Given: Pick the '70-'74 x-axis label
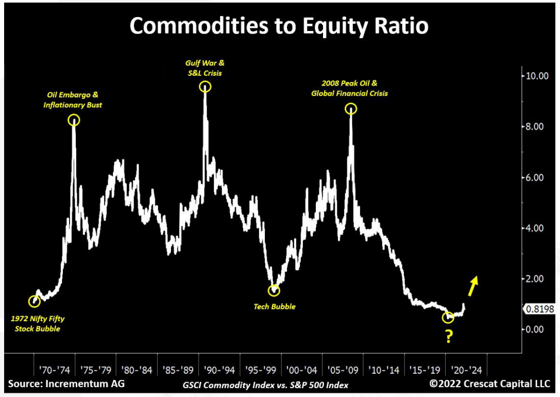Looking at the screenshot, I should (55, 370).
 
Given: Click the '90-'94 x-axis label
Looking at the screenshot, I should (219, 370).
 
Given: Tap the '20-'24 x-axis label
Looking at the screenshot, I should (466, 370).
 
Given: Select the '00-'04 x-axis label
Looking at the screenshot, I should (302, 370).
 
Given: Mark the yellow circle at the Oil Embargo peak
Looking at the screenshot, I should (74, 121).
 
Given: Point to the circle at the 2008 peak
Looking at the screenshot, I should (351, 109).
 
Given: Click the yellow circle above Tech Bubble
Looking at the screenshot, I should (274, 290).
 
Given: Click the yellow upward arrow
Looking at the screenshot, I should (473, 283).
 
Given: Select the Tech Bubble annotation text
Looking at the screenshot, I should (275, 307).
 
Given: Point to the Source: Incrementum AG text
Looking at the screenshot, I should (66, 384).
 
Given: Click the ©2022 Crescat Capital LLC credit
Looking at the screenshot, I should (489, 384).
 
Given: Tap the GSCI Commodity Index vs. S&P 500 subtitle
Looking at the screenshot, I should (265, 385).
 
